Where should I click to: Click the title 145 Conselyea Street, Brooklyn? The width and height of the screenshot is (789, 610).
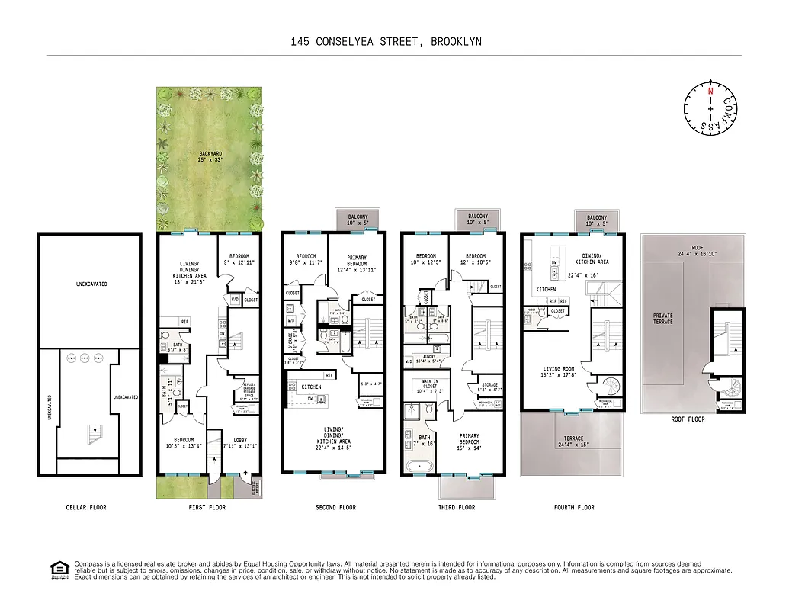[386, 42]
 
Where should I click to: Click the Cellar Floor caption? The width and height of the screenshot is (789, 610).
[88, 507]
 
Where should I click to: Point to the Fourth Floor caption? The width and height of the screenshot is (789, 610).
[573, 507]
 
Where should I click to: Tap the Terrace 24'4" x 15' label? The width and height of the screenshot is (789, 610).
[572, 441]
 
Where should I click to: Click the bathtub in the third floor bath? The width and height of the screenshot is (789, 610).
[419, 465]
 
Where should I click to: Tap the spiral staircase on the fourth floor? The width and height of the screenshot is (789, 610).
[609, 385]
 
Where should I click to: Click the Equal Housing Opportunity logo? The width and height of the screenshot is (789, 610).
[59, 570]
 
